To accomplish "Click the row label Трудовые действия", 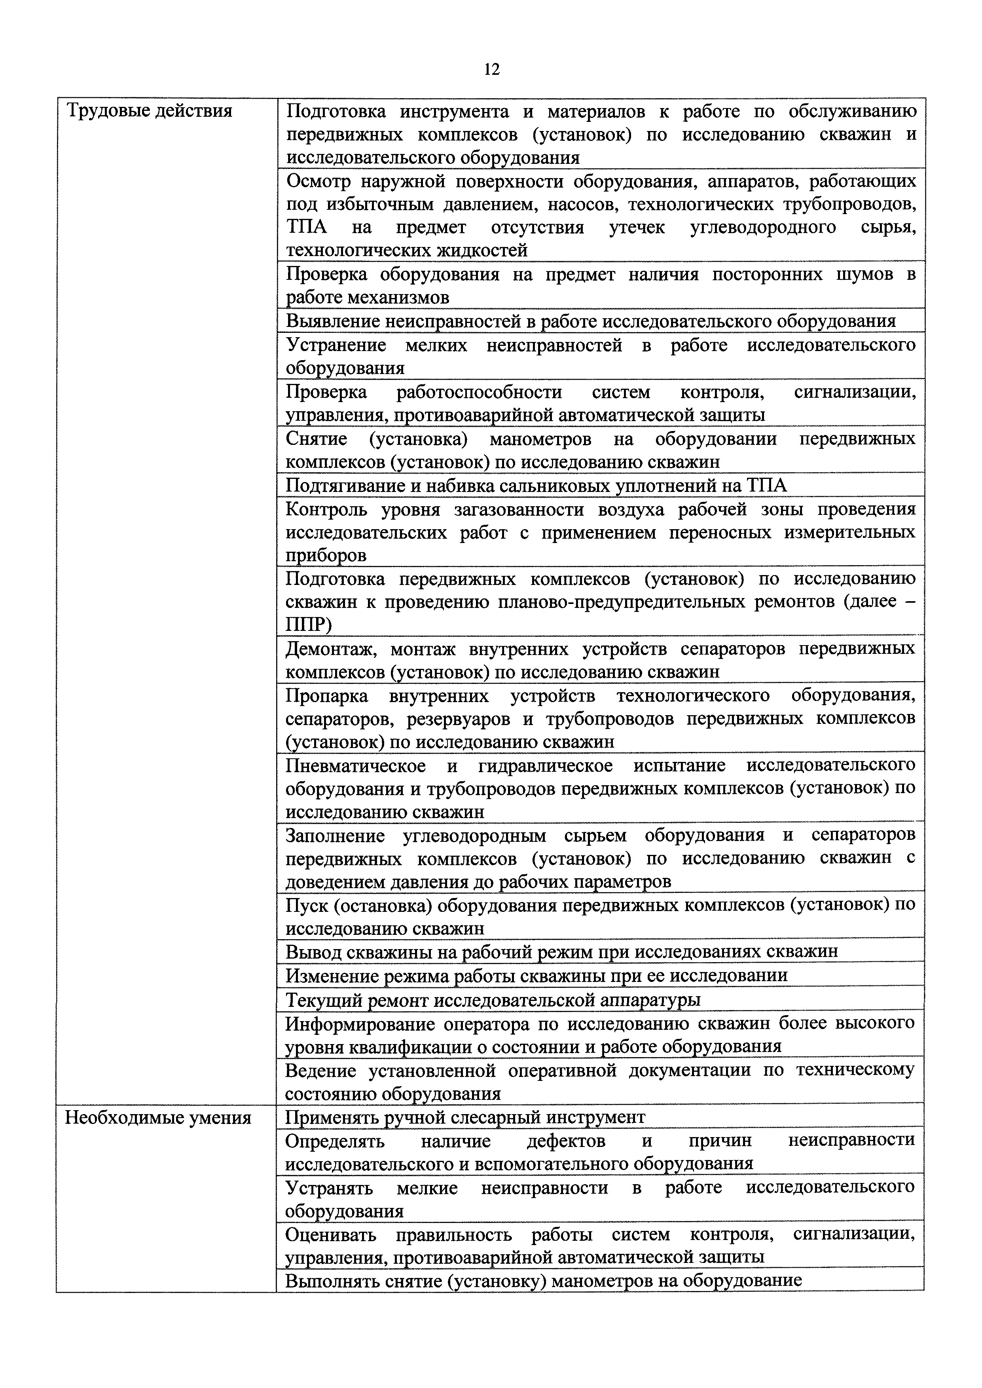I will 149,111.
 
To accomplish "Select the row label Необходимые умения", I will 158,1117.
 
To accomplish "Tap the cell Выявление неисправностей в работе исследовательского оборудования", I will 590,321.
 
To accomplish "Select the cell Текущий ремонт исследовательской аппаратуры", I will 493,1000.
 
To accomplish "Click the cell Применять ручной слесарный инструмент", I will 465,1116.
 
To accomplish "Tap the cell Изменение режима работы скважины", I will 536,976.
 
